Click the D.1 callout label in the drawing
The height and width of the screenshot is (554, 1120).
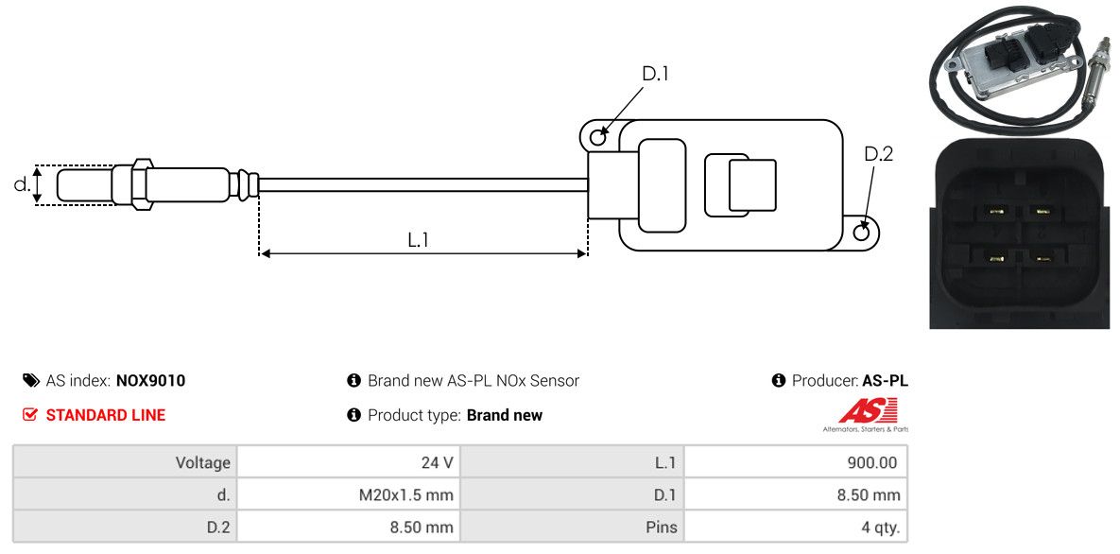coord(655,74)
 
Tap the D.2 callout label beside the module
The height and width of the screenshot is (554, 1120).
coord(878,154)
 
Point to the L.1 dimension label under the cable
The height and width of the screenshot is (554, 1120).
coord(419,240)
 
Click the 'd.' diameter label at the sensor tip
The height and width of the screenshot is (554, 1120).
coord(22,184)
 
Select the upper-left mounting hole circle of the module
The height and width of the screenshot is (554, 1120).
coord(597,138)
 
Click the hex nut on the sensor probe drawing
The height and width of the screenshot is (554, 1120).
coord(139,183)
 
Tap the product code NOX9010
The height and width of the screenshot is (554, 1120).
coord(150,381)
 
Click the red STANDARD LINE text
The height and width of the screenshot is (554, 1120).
coord(105,415)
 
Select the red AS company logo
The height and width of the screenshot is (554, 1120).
coord(867,412)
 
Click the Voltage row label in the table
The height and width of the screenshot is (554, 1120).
coord(202,462)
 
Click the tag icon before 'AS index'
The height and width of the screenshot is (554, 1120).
coord(30,381)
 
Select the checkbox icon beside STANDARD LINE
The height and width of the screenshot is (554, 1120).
coord(30,415)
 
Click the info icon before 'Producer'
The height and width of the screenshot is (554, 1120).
coord(779,381)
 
